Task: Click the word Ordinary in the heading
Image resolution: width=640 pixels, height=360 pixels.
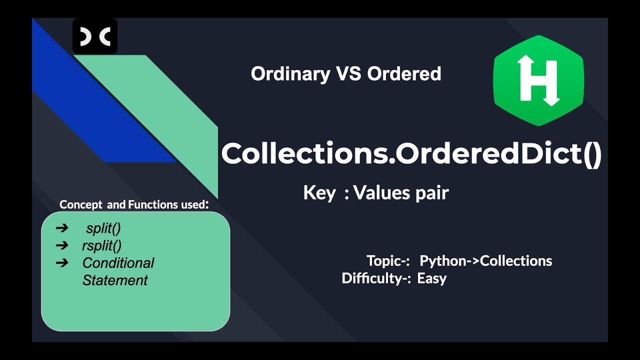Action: pos(290,74)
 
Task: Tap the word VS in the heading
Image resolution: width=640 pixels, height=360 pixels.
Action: pos(348,74)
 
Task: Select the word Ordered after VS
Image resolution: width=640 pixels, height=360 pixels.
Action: pos(404,74)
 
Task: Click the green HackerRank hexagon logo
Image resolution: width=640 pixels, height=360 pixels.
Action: pos(538,79)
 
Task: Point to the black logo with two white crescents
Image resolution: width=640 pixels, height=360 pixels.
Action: pos(95,36)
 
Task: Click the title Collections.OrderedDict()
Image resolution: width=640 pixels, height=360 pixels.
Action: pos(411,154)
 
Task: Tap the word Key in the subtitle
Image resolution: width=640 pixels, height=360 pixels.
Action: pos(319,193)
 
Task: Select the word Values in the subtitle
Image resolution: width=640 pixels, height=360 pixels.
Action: pos(378,193)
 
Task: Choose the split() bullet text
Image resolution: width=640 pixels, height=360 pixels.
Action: pos(103,228)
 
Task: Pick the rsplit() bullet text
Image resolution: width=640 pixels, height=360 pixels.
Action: pos(102,245)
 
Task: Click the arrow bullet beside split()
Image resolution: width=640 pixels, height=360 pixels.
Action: pos(62,228)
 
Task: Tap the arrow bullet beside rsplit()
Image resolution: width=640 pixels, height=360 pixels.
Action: pos(62,245)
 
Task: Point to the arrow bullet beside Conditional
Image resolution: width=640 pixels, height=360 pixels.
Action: pos(62,262)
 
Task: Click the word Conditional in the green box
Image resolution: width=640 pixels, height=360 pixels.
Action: pos(118,263)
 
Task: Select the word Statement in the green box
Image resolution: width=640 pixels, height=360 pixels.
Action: pos(115,280)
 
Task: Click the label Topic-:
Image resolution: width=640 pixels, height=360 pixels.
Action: pos(388,261)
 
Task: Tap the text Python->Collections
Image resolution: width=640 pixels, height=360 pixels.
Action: pos(485,261)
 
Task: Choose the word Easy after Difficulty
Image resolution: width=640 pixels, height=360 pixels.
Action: pos(431,278)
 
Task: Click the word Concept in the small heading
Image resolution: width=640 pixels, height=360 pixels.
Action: pos(80,204)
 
